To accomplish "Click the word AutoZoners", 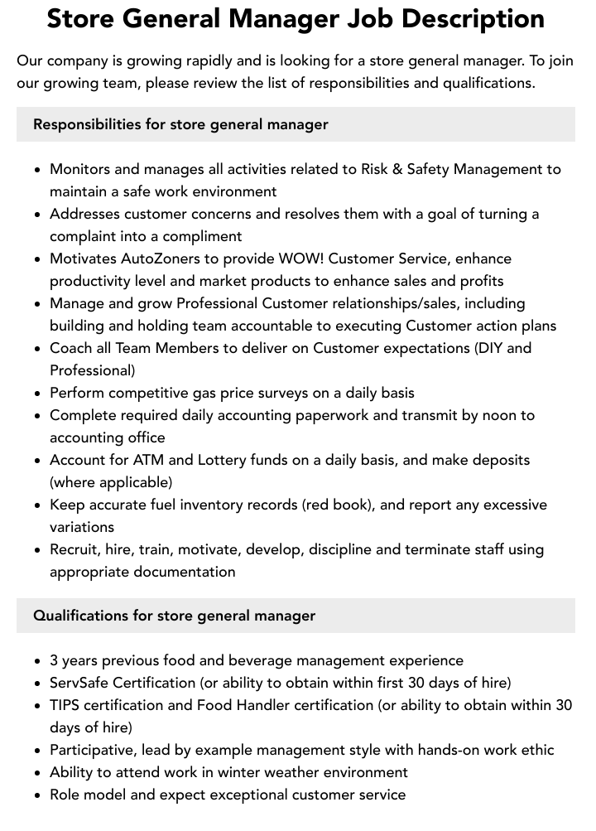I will (160, 258).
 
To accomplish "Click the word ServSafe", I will (79, 683).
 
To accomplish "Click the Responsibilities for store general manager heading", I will (180, 124).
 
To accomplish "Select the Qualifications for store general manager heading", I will (174, 616).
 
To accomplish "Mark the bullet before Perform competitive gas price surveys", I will (37, 394).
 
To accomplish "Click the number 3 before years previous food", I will (54, 660).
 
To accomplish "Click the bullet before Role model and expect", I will (37, 795).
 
